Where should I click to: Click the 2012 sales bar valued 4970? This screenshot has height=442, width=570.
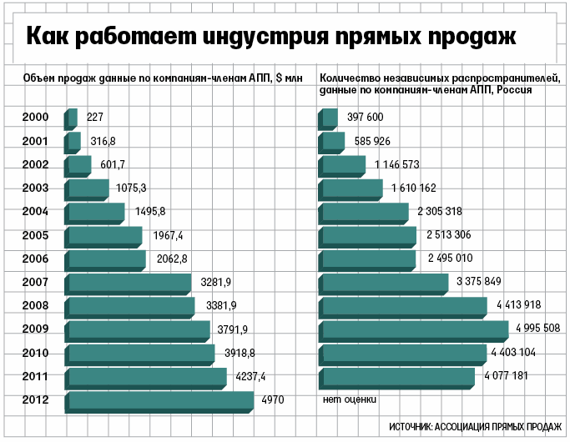coord(160,401)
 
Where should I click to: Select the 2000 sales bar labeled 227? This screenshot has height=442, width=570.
coord(72,118)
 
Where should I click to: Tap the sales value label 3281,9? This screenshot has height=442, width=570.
coord(217,283)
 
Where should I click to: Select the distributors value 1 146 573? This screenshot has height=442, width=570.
coord(397,165)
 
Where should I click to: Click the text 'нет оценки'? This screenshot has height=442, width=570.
coord(349,399)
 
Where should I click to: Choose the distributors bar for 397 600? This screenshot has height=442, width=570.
coord(328,118)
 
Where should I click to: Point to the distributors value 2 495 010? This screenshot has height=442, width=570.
coord(450,259)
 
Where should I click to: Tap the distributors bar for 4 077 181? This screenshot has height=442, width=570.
coord(397,378)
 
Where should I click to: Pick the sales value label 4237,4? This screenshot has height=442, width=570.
coord(249,376)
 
